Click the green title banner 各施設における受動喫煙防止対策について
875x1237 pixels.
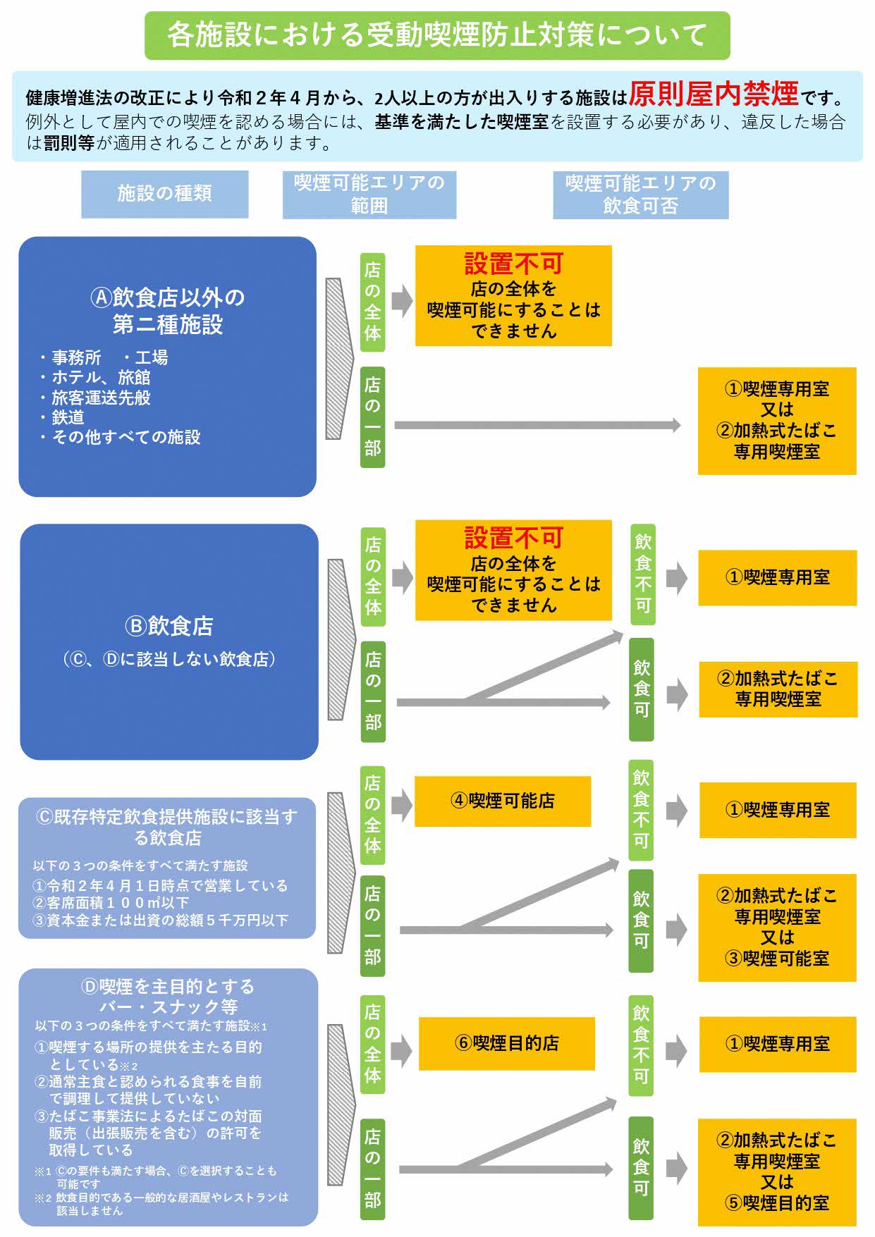point(437,35)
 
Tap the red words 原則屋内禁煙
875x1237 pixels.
point(713,94)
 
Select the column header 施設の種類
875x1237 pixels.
point(164,194)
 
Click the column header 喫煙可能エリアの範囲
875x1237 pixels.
point(369,195)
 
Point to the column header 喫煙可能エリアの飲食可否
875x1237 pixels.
point(640,195)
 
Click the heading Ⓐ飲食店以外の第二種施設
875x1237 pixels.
point(168,311)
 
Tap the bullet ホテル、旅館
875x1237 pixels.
point(101,378)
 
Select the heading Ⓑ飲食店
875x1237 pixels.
point(169,626)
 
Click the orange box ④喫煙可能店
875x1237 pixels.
point(502,801)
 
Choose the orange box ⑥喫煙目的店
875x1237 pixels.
point(506,1043)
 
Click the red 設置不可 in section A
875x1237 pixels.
point(513,264)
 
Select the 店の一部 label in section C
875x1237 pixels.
point(372,925)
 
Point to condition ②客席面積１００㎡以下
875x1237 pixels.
point(111,903)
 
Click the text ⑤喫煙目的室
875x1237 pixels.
point(777,1203)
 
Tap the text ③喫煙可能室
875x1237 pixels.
point(777,959)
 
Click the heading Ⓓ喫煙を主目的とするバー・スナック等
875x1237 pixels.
point(168,996)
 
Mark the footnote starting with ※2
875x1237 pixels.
point(162,1203)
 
